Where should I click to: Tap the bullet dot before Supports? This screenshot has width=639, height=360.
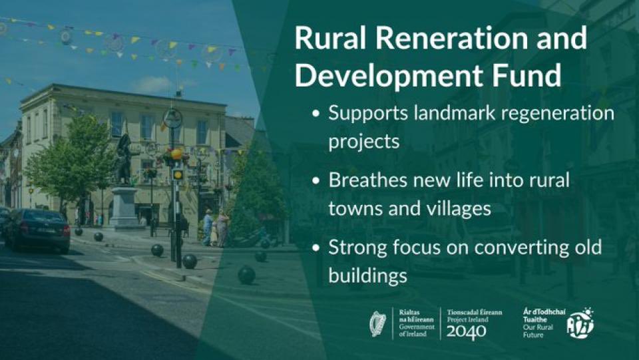click(316, 114)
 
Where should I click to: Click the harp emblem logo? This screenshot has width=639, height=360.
click(378, 323)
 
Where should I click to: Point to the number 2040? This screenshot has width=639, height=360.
click(466, 331)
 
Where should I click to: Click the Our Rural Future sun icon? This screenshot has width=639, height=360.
click(580, 323)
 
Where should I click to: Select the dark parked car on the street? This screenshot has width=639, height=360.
click(39, 228)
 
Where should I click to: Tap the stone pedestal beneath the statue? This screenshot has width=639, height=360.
click(124, 208)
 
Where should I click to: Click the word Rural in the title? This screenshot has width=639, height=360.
click(329, 39)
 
